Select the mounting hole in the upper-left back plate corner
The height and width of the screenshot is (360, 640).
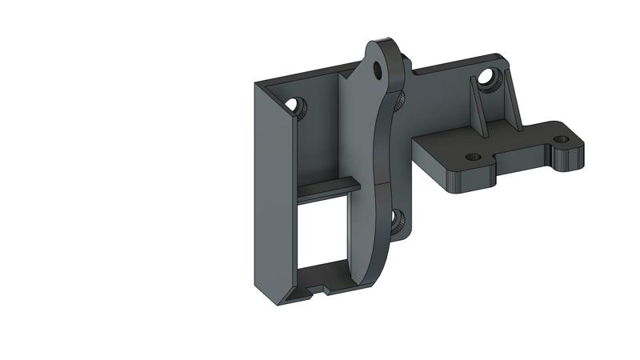pyautogui.click(x=294, y=104)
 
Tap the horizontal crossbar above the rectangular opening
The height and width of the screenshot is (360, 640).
pyautogui.click(x=328, y=185)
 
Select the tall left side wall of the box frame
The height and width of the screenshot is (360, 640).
pyautogui.click(x=270, y=192)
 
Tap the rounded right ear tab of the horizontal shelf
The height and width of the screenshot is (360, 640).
pyautogui.click(x=570, y=152)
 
